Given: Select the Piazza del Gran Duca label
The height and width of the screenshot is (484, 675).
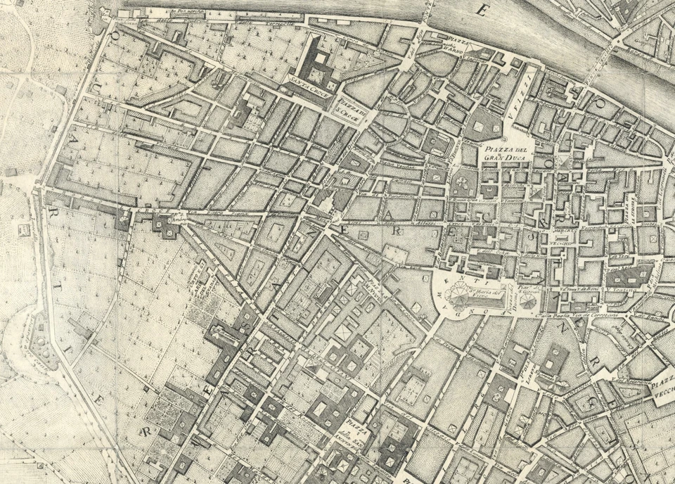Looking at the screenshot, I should coord(506,153).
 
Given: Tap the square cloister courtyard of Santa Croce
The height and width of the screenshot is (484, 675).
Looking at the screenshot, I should coord(318,70).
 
